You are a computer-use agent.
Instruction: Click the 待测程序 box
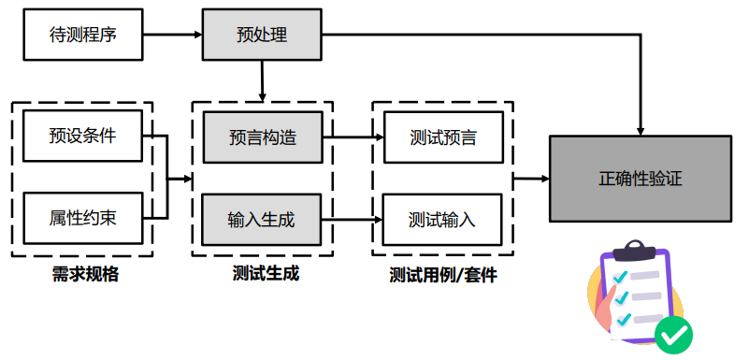[x=83, y=36]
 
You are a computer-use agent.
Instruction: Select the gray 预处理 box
[x=262, y=36]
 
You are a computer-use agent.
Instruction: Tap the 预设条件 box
[x=83, y=136]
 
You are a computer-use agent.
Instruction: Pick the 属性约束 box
[x=83, y=220]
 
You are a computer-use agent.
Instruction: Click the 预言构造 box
[x=262, y=137]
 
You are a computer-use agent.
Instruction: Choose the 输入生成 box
[x=262, y=220]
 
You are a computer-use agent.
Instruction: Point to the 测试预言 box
[x=442, y=137]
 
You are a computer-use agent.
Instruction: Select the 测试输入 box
[x=442, y=220]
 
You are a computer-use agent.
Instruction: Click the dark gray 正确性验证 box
[x=640, y=178]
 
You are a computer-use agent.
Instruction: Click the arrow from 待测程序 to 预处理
[x=173, y=36]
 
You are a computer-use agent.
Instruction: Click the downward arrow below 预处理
[x=262, y=82]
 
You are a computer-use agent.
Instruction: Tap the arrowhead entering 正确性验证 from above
[x=640, y=129]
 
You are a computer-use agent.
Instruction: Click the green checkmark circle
[x=673, y=333]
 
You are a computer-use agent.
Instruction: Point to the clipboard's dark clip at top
[x=636, y=248]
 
